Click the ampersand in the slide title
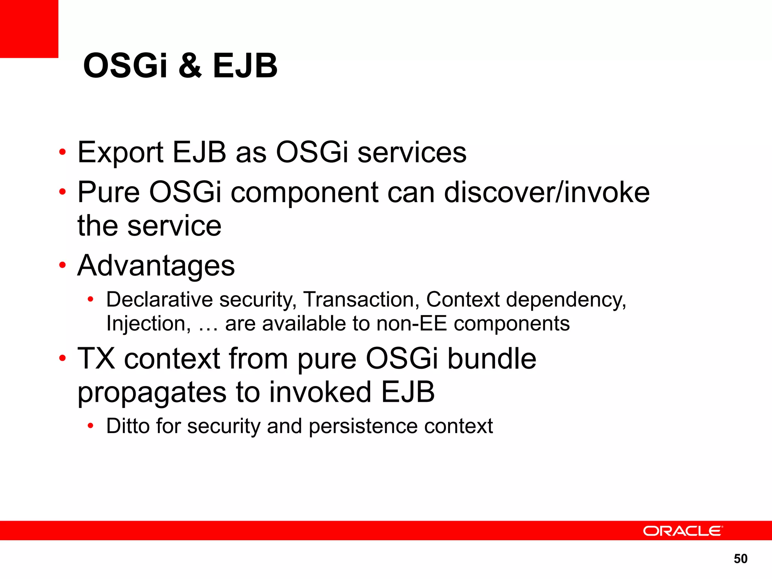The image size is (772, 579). pos(190,66)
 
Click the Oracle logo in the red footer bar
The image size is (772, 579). pos(683,531)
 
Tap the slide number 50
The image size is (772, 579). pos(740,559)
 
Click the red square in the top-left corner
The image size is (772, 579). pos(29,29)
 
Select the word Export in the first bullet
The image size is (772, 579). pos(120,153)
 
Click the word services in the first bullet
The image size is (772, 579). pos(412,153)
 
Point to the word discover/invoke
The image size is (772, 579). pos(547,192)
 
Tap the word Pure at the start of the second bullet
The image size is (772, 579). pos(109,192)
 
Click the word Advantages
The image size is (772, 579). pos(156,266)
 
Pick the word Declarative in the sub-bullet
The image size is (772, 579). pos(159,300)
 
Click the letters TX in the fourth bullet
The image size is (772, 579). pos(96,358)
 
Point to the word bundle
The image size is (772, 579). pos(492,358)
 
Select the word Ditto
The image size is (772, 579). pos(128,426)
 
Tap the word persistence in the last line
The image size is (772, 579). pos(363,426)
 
